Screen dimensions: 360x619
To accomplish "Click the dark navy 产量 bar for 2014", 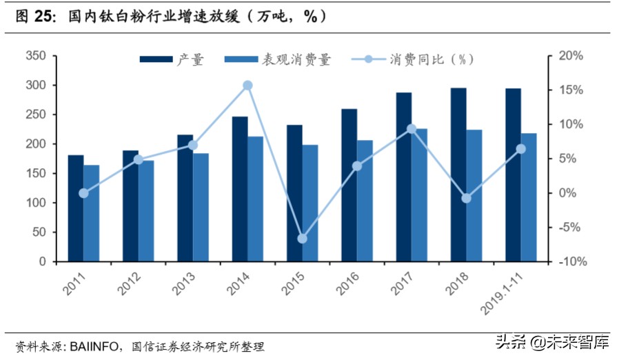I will coord(240,189).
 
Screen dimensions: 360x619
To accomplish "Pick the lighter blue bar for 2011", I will coord(92,213).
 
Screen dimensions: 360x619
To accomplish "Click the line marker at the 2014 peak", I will coord(248,86).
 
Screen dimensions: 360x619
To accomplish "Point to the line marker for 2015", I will coord(302,239).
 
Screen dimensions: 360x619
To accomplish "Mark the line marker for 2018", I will coord(467,198).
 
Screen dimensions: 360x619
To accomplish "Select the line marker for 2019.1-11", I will coord(521,149).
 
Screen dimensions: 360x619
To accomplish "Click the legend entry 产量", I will coord(172,59).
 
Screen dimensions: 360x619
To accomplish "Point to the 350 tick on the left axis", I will coord(36,56).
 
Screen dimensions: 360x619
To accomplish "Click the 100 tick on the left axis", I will coord(36,203).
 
